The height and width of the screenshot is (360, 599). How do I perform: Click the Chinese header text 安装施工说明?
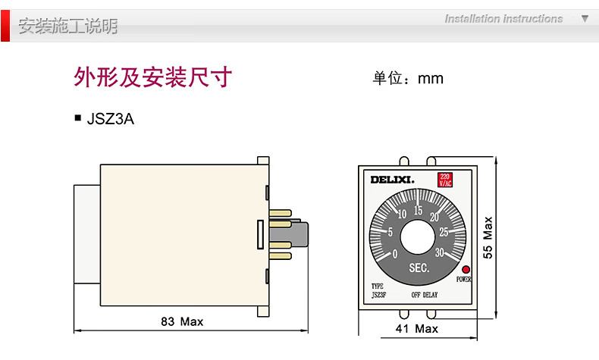[68, 27]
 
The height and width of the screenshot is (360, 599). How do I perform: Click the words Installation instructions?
[503, 19]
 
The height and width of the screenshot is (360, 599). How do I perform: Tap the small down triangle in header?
[585, 18]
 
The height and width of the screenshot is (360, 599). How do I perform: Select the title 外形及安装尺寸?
[152, 78]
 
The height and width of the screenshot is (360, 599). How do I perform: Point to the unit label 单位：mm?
[407, 79]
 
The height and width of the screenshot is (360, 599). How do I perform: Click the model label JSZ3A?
[111, 119]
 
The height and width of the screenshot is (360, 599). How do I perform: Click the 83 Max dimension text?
[182, 321]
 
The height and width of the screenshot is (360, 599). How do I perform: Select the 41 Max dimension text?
[417, 328]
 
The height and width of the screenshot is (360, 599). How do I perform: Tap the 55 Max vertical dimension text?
[488, 238]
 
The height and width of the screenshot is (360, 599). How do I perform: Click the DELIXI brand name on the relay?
[392, 180]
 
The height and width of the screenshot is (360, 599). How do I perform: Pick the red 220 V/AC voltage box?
[445, 180]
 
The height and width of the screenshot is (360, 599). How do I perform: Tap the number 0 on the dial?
[395, 253]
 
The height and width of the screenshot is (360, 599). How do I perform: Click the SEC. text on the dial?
[419, 268]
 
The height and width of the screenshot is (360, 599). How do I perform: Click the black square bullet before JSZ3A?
[77, 118]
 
